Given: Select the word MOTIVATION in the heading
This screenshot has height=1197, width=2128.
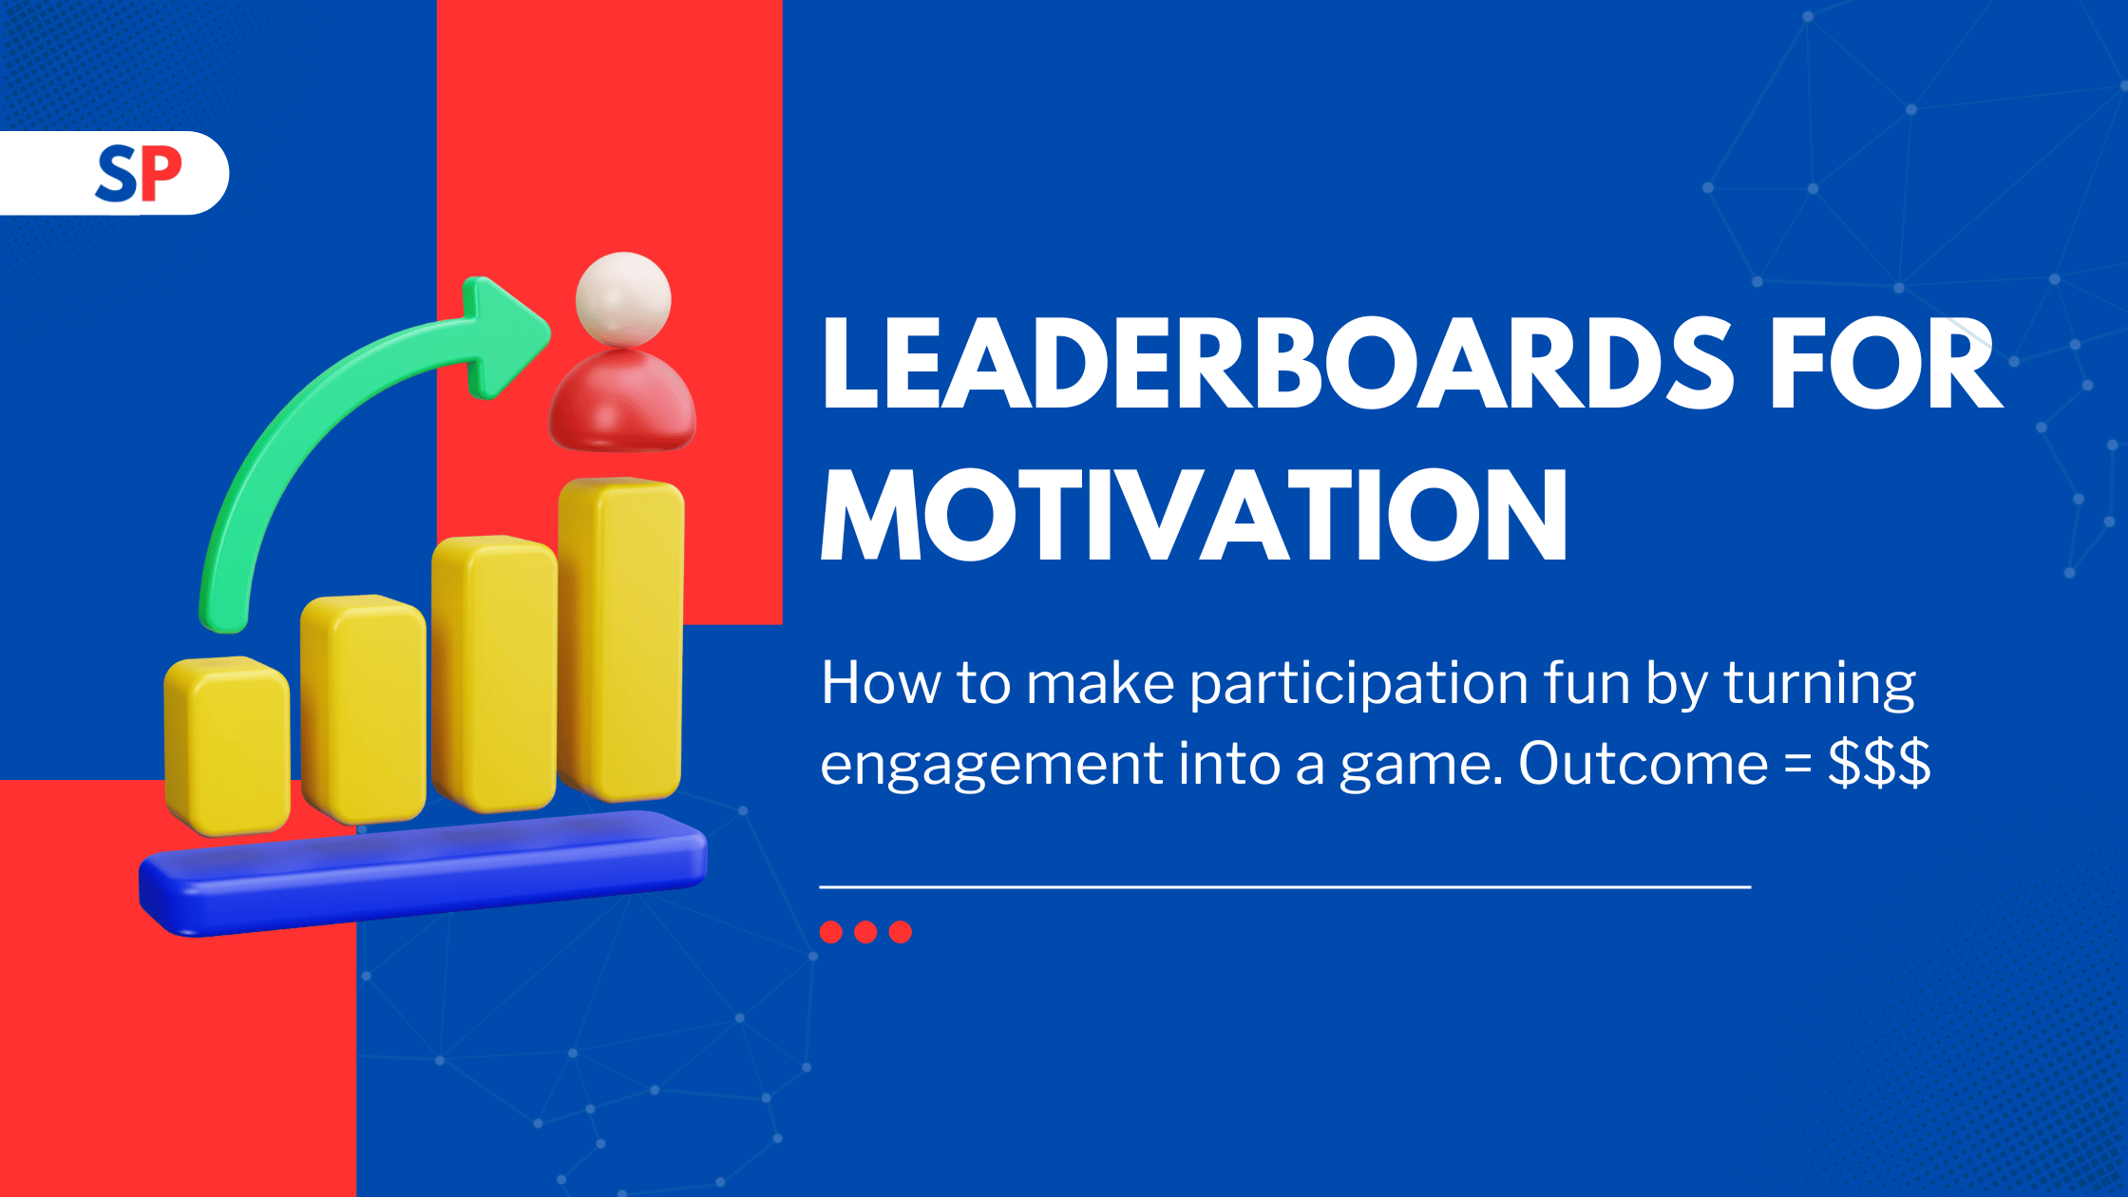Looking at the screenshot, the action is [x=1194, y=515].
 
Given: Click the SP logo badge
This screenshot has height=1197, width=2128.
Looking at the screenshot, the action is [x=114, y=173].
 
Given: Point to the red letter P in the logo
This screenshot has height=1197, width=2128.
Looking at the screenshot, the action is [x=161, y=174].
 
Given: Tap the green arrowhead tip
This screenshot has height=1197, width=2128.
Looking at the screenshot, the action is [x=548, y=332].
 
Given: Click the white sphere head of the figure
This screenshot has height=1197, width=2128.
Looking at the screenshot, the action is [x=623, y=299].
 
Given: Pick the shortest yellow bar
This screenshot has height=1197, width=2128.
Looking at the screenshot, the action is [x=227, y=746].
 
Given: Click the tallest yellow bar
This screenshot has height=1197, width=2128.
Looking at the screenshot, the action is [x=621, y=638].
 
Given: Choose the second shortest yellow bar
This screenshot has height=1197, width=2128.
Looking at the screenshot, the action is [x=363, y=709].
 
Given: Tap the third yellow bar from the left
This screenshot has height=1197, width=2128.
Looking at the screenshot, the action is [x=494, y=674].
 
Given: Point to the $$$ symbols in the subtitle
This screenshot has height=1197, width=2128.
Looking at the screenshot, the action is [x=1879, y=762].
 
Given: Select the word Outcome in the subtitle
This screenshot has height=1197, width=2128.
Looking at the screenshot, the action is [x=1643, y=763].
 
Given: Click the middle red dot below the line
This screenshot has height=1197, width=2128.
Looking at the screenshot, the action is [x=865, y=932].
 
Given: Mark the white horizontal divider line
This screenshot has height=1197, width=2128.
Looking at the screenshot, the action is [x=1285, y=887].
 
